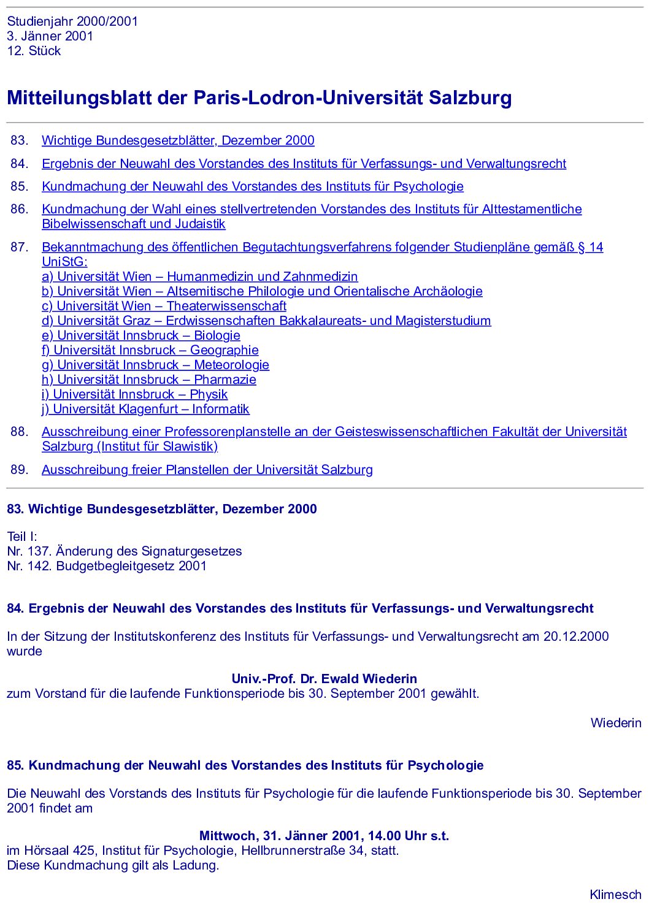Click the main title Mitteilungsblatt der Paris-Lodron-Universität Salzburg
(x=259, y=98)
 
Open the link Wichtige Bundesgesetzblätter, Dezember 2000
(x=178, y=140)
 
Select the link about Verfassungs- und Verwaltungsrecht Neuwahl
(x=304, y=164)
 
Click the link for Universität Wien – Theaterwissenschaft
(x=164, y=306)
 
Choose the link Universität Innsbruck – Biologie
(x=140, y=335)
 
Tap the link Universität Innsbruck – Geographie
(x=150, y=350)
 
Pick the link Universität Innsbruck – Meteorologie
(x=155, y=365)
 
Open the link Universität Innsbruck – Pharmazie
(x=148, y=380)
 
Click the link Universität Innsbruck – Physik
(x=134, y=394)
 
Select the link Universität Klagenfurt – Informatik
(x=145, y=409)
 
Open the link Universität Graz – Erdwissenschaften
(x=266, y=321)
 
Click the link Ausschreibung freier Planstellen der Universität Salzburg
(x=207, y=470)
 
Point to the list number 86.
(x=19, y=209)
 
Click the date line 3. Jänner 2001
(x=50, y=36)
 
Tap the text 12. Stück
(x=34, y=51)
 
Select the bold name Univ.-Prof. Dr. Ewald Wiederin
(x=324, y=679)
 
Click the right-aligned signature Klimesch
(x=615, y=895)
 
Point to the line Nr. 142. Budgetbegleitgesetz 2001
(x=107, y=566)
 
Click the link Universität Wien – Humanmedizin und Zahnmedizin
(x=199, y=277)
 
